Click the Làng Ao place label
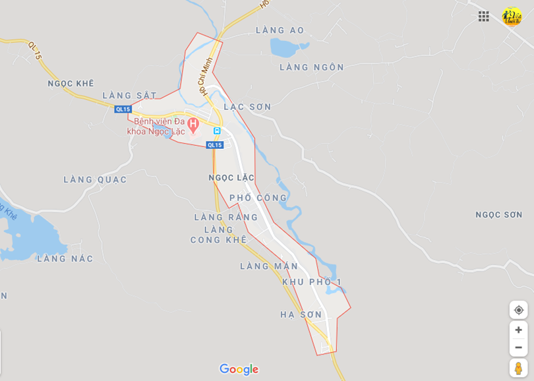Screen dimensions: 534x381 280,30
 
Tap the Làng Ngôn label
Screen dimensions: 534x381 312,67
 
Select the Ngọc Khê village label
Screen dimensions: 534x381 71,84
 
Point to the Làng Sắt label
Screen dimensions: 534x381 130,96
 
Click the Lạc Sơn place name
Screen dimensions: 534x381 247,107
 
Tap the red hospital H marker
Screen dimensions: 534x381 193,123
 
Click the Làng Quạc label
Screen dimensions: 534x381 95,179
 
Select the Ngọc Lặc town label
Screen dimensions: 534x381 231,178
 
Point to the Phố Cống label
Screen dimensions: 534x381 258,198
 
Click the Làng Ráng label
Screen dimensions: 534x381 226,218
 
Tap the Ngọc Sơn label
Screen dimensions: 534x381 499,215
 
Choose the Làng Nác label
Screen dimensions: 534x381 65,258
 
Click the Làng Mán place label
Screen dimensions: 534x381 269,266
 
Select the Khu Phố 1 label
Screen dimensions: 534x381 312,282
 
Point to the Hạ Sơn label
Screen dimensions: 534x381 301,314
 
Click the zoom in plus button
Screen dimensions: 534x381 518,330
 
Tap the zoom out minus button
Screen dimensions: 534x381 518,347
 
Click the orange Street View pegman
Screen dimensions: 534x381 518,368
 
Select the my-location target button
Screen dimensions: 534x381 518,310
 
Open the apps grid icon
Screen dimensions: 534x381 484,16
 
